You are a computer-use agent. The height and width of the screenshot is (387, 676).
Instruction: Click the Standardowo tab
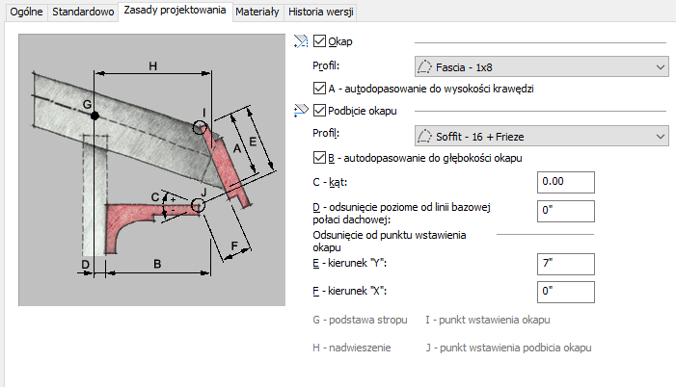click(83, 13)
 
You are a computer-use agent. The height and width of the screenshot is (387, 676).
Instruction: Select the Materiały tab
click(257, 13)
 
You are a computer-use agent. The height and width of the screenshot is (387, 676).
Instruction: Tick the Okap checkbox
click(320, 42)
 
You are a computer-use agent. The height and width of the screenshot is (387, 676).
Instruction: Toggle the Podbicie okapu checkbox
click(320, 112)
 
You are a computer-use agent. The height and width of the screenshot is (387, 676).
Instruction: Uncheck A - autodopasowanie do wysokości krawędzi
click(320, 89)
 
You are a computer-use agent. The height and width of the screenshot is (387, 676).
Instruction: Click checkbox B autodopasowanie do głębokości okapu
click(320, 157)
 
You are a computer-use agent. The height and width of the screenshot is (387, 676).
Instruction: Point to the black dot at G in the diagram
click(95, 116)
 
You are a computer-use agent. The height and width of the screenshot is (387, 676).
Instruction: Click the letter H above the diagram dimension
click(152, 65)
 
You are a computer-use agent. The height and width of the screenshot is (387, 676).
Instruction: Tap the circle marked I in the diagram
click(201, 126)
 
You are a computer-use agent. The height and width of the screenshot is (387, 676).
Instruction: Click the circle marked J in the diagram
click(198, 204)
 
